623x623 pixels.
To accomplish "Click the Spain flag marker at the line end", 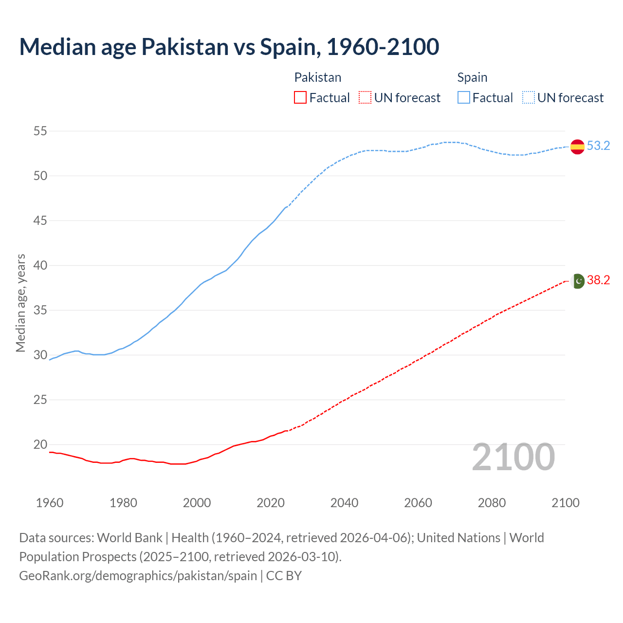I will pyautogui.click(x=577, y=146).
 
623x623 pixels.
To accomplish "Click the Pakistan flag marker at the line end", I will pyautogui.click(x=578, y=281).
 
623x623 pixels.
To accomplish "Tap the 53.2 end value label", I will pyautogui.click(x=598, y=146).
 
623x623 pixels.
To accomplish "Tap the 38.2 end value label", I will pyautogui.click(x=598, y=280).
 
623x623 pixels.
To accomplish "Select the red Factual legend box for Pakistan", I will pyautogui.click(x=300, y=98).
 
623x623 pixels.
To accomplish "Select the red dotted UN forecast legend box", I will pyautogui.click(x=365, y=98).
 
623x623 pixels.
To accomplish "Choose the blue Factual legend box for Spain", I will pyautogui.click(x=463, y=98).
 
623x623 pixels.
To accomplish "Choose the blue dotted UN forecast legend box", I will pyautogui.click(x=528, y=98).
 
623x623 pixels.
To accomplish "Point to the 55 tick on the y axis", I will pyautogui.click(x=40, y=131).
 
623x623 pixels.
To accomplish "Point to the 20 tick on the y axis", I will pyautogui.click(x=40, y=444).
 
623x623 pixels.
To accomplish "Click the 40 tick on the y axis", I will pyautogui.click(x=40, y=265).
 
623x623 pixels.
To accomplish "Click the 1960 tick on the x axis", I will pyautogui.click(x=50, y=503).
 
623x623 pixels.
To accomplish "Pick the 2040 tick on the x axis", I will pyautogui.click(x=344, y=503).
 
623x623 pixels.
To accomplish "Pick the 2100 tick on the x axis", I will pyautogui.click(x=566, y=503).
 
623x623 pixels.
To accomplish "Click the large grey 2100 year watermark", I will pyautogui.click(x=513, y=457).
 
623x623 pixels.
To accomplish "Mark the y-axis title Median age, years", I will pyautogui.click(x=20, y=303).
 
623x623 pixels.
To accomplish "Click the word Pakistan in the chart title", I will pyautogui.click(x=185, y=47).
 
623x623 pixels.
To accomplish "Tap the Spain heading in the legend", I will pyautogui.click(x=472, y=77).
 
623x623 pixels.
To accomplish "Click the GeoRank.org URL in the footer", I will pyautogui.click(x=138, y=575).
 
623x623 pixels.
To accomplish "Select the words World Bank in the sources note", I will pyautogui.click(x=129, y=537).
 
